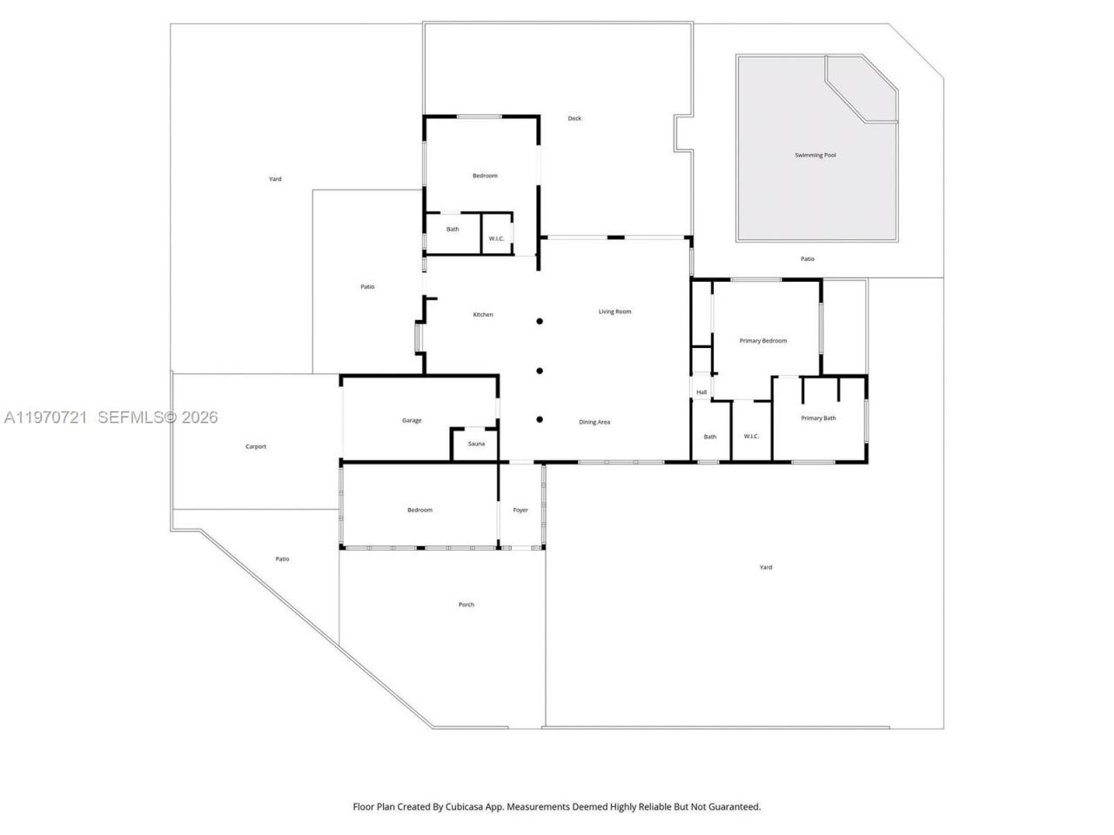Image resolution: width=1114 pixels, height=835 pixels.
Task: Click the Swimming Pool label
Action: coord(815,156)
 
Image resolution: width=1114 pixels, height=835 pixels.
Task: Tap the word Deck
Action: coord(574,118)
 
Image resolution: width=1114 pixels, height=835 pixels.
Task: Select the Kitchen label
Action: coord(483,315)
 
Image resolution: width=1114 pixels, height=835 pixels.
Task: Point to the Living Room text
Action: coord(614,311)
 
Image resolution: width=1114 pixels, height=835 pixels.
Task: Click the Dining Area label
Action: coord(594,423)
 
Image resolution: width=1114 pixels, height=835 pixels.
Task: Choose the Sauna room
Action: coord(476,444)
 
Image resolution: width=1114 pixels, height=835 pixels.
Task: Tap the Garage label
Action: coord(412,421)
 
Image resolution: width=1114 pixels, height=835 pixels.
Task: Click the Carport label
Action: coord(256,447)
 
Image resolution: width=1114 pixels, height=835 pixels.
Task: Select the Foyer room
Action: coord(520,511)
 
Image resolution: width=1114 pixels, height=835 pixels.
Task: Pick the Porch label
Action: coord(466,605)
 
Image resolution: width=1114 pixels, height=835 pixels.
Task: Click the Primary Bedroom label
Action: coord(762,341)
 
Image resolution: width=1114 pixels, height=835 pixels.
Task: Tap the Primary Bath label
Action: coord(818,418)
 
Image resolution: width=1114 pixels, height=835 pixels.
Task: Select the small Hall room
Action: coord(701,392)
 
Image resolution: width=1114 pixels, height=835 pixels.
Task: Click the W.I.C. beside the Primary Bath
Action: coord(751,437)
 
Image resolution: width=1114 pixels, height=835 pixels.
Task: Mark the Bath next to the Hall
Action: coord(710,437)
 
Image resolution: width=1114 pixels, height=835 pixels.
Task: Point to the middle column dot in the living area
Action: coord(540,371)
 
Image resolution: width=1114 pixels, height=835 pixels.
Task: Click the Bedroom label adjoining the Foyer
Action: coord(419,511)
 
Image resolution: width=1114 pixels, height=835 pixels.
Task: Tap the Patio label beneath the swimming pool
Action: coord(808,259)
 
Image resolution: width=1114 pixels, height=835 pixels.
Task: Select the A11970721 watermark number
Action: coord(45,417)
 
